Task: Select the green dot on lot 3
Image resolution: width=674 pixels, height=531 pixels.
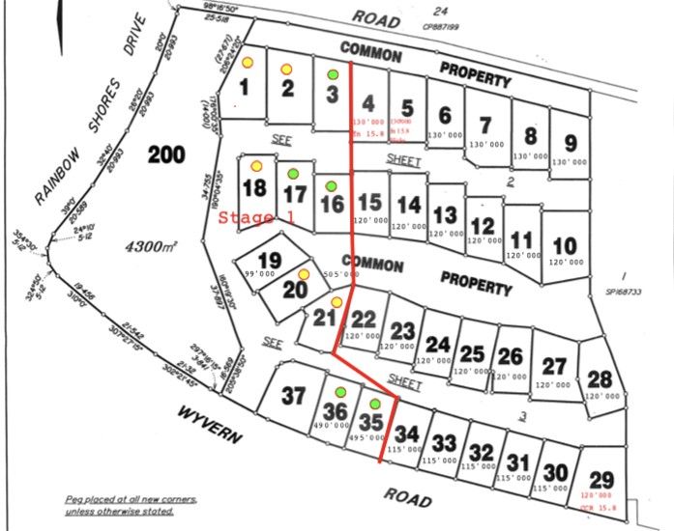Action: pyautogui.click(x=333, y=74)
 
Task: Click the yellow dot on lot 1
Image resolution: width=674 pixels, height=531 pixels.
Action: pyautogui.click(x=247, y=61)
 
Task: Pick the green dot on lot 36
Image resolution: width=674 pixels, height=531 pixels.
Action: pyautogui.click(x=339, y=392)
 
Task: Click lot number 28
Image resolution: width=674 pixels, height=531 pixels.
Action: pyautogui.click(x=600, y=378)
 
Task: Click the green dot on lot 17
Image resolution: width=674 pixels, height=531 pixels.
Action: pyautogui.click(x=291, y=175)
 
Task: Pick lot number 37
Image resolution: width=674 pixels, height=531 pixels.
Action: pyautogui.click(x=293, y=394)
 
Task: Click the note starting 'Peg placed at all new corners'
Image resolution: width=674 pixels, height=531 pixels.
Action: pyautogui.click(x=131, y=503)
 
